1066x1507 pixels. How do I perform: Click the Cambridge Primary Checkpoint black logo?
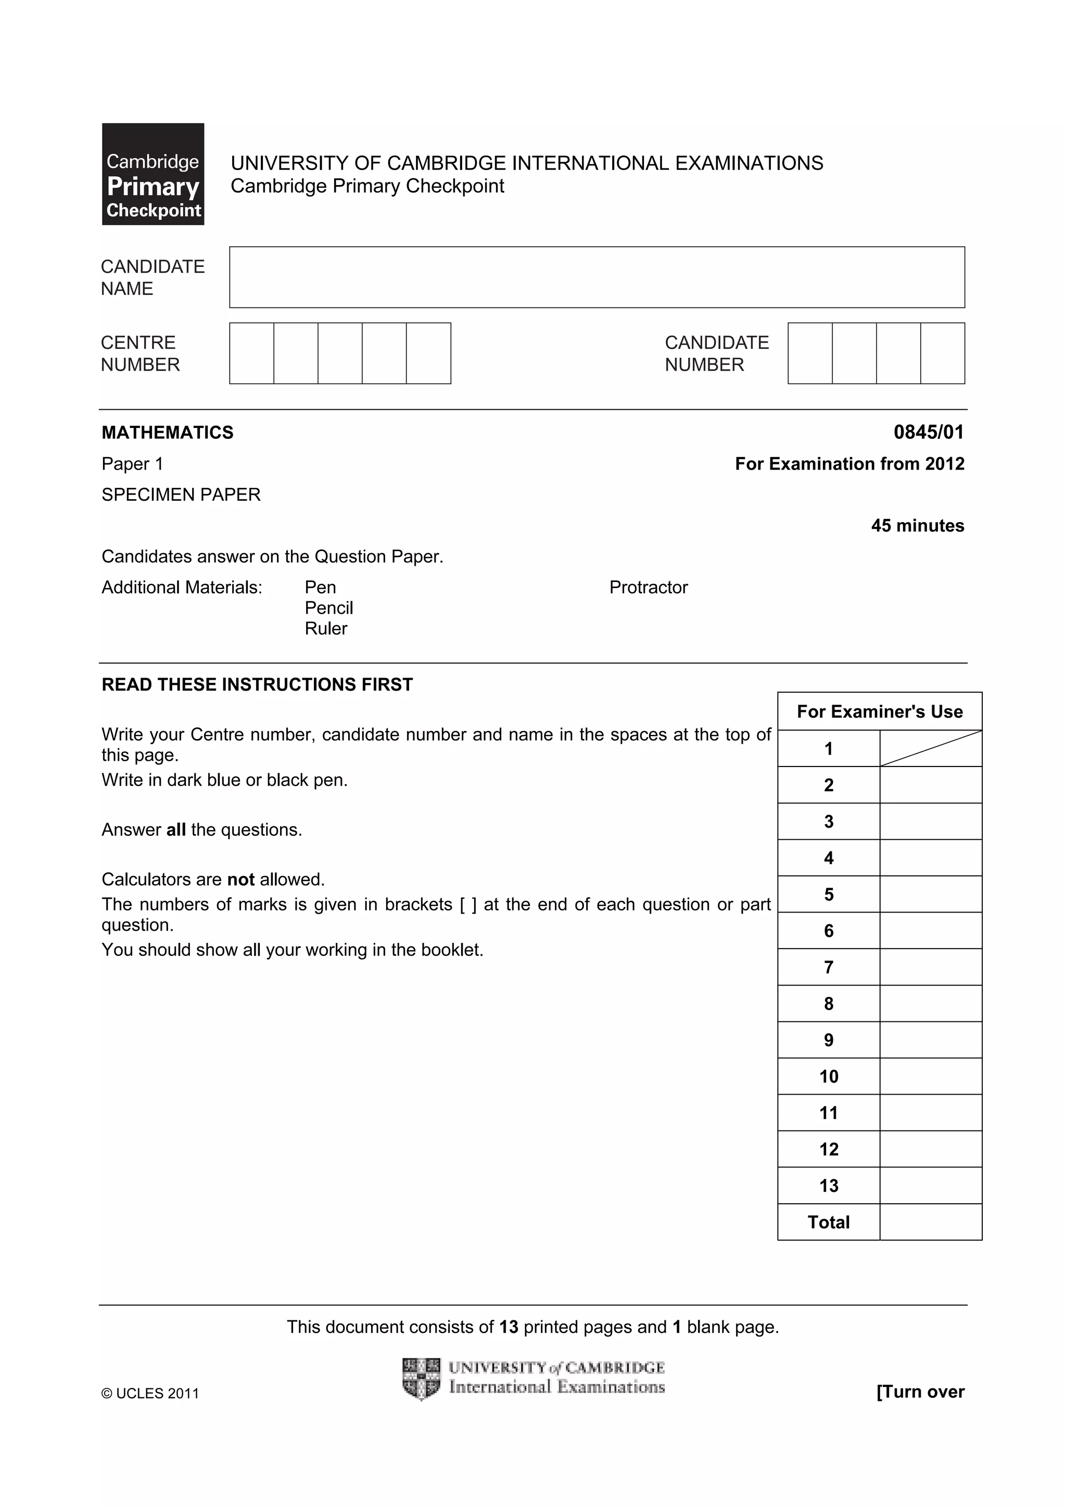pos(153,174)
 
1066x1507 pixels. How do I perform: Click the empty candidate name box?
pos(597,277)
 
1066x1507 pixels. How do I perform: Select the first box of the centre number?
pos(251,353)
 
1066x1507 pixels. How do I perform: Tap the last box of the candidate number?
pos(942,353)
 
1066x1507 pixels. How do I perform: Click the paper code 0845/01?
pos(928,432)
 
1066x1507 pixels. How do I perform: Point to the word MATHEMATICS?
pos(168,433)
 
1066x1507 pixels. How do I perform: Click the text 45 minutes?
pos(917,526)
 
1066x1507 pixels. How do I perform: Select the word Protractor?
pos(648,588)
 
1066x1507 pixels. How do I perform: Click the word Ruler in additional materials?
pos(326,629)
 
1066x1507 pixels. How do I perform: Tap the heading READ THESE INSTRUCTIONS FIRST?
pos(257,684)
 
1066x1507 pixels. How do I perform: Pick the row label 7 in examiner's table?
pos(828,967)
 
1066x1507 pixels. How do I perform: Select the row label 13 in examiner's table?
pos(828,1186)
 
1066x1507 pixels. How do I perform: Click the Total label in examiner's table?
pos(828,1222)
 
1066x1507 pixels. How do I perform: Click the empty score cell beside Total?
pos(930,1222)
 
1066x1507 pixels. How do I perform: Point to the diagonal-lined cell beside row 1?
pos(930,749)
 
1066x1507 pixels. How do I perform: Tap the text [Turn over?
pos(920,1392)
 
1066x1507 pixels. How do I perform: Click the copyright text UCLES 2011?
pos(150,1394)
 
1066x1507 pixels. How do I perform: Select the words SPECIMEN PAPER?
pos(181,495)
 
